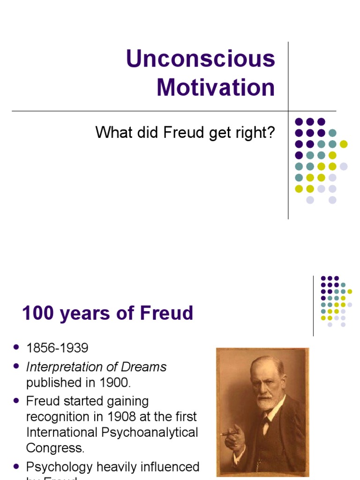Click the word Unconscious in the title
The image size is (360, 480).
click(x=201, y=60)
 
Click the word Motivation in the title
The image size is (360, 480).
click(x=216, y=88)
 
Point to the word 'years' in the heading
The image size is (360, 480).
click(x=92, y=313)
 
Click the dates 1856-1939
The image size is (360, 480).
click(x=57, y=348)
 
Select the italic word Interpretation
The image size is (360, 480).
click(x=65, y=367)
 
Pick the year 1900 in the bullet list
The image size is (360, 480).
click(x=113, y=382)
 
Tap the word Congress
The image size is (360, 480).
click(x=55, y=448)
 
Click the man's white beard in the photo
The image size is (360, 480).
click(x=266, y=403)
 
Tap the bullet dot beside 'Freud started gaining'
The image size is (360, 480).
click(x=17, y=401)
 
